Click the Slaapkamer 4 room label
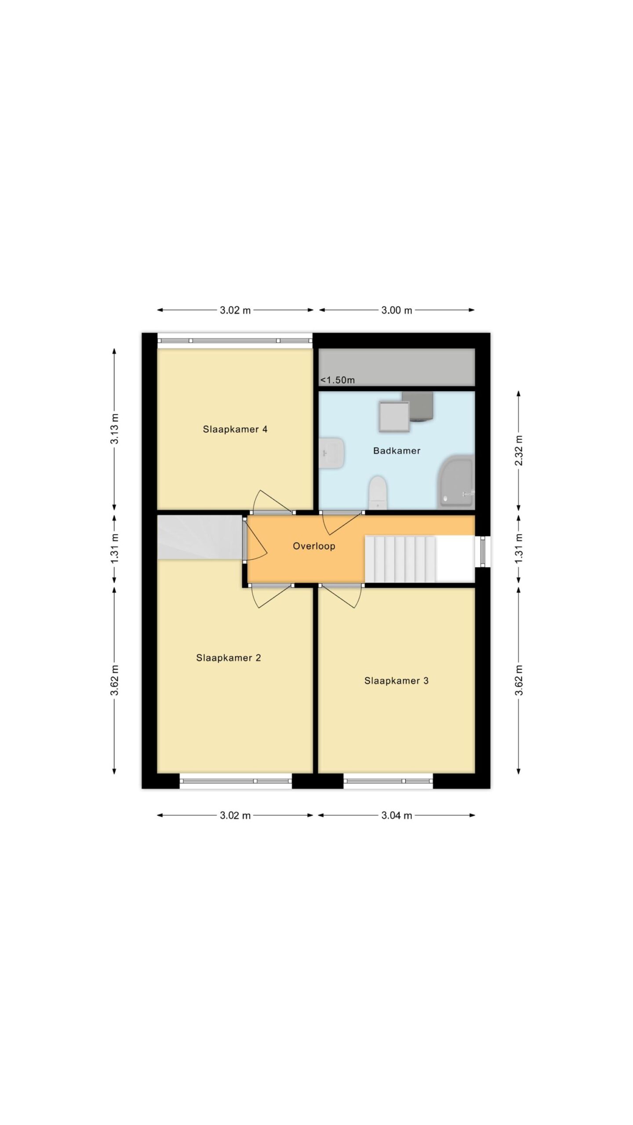[235, 429]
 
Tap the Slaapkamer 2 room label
[228, 658]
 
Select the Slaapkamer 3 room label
[396, 681]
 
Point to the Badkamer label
[397, 450]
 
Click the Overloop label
[314, 546]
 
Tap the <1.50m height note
[337, 380]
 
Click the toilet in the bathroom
[378, 493]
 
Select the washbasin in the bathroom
[331, 453]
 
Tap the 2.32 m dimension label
[519, 450]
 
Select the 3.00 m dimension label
[397, 310]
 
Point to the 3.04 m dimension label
[397, 816]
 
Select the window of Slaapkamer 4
[235, 341]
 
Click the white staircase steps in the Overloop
[400, 559]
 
